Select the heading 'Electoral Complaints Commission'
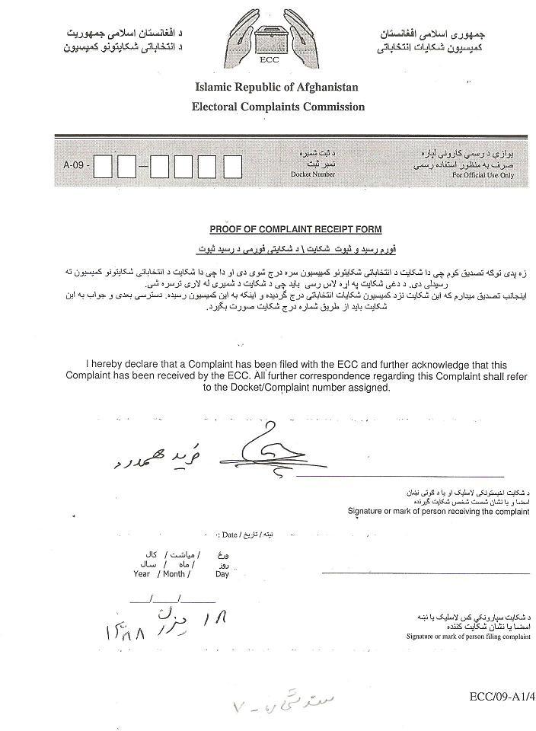(278, 107)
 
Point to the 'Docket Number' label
(312, 174)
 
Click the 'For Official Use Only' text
(483, 175)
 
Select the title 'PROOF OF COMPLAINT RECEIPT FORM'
(295, 229)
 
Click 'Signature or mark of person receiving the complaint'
(439, 511)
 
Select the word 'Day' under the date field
(222, 574)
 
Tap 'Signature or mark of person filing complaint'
(467, 635)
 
